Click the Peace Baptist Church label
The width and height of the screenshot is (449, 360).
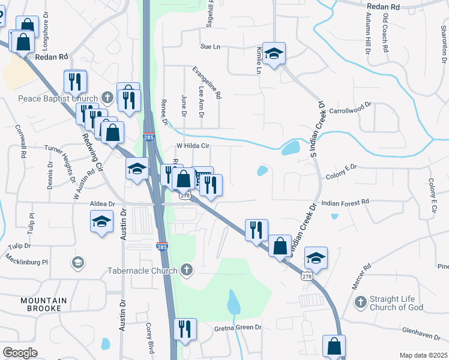pos(58,99)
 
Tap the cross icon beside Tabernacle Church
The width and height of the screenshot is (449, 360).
pos(187,270)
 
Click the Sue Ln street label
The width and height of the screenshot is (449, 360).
pos(211,46)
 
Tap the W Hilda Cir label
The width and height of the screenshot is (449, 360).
pos(192,145)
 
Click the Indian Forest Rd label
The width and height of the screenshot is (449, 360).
pos(345,203)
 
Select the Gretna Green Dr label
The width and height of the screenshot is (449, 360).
pos(239,328)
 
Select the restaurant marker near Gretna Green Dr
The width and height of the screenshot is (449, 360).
pos(184,329)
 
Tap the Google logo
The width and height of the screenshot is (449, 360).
pos(20,353)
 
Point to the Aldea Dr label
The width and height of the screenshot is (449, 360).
pos(102,204)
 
